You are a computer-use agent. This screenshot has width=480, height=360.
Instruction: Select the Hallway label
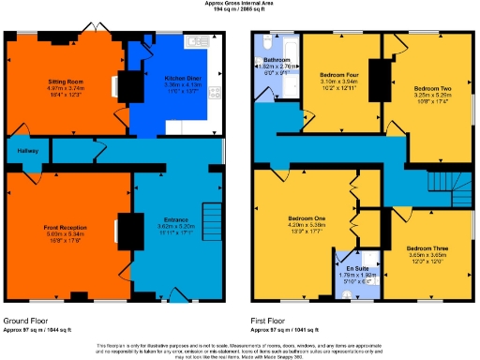point(25,151)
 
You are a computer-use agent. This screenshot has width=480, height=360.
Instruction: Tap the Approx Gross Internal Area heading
point(239,4)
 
